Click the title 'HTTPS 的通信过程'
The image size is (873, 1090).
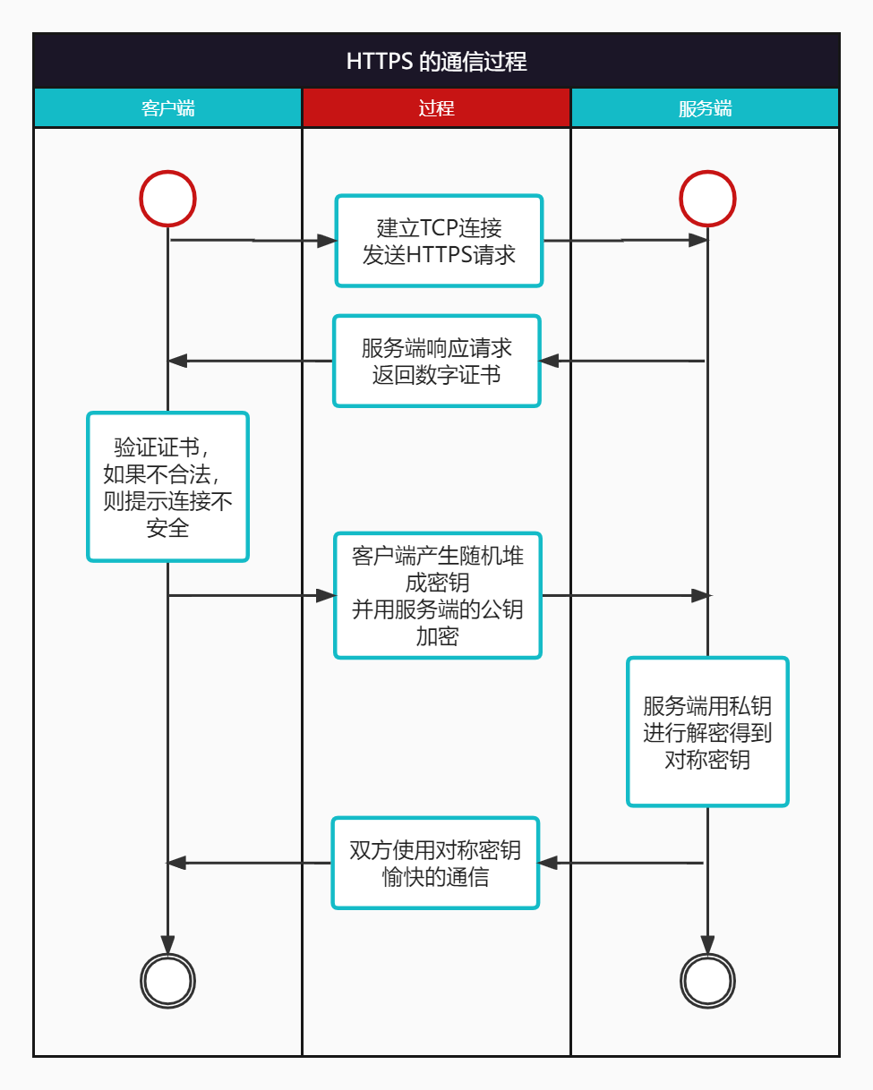[x=436, y=61]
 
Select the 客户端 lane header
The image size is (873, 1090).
[x=167, y=108]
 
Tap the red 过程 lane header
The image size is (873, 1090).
[x=436, y=108]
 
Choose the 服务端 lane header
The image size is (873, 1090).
[x=705, y=108]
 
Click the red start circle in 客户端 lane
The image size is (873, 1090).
[x=167, y=198]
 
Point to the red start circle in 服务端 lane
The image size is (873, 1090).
[x=707, y=198]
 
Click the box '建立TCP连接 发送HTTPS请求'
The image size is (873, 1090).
[x=439, y=241]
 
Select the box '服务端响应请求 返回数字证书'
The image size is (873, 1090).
[x=437, y=361]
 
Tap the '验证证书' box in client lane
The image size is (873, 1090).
[x=167, y=487]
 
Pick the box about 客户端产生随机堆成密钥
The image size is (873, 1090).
[x=438, y=595]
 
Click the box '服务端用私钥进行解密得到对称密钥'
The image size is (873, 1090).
[x=707, y=732]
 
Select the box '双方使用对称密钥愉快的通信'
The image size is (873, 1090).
[x=436, y=863]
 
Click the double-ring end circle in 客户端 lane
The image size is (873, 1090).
[x=167, y=982]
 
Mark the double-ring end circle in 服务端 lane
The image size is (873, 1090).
[x=707, y=982]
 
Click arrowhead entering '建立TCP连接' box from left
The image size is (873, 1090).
[x=327, y=241]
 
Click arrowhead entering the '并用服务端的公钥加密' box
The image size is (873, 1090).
[x=326, y=595]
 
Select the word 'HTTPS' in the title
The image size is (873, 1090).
[x=380, y=61]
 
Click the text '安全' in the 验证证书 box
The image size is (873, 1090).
[x=167, y=528]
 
